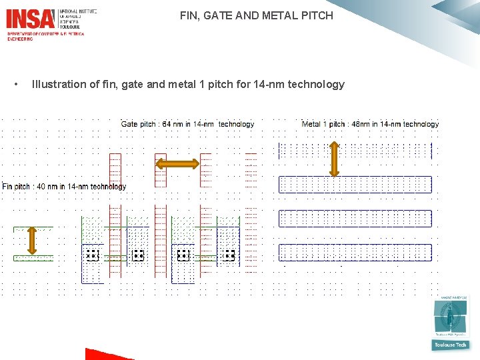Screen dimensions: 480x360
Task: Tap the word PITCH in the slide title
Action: (317, 15)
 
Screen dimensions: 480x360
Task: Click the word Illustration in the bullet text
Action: (59, 85)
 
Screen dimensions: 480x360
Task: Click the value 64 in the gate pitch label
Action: (167, 124)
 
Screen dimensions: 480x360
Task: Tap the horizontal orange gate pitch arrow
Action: (177, 164)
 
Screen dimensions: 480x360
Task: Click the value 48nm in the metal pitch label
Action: (361, 124)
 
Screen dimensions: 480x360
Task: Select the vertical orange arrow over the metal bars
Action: (334, 159)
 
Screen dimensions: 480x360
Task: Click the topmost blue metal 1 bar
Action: (355, 151)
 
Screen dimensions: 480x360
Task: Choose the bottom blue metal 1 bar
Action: (355, 252)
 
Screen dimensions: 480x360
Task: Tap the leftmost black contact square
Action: (93, 255)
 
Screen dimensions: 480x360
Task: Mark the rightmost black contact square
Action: (229, 255)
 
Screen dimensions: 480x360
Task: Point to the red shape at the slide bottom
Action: (100, 355)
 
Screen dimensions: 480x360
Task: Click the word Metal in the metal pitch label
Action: (311, 124)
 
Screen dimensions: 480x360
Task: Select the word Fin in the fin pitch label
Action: (8, 187)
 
